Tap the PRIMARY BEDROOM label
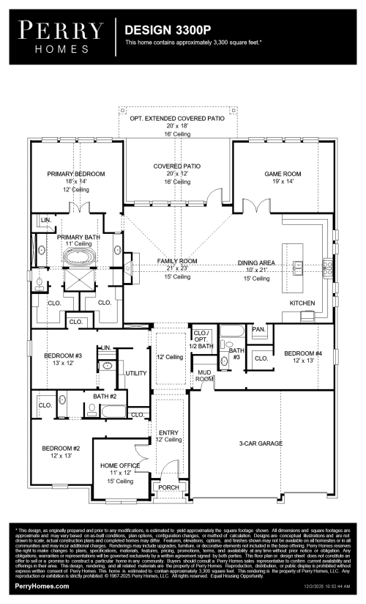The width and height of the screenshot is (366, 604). [x=76, y=174]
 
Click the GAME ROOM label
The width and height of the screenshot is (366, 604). [x=283, y=174]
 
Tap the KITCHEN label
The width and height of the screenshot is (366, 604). [x=302, y=302]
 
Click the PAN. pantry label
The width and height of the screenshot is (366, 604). [x=258, y=330]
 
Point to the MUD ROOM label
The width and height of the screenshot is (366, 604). [x=204, y=376]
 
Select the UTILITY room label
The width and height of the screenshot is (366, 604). [x=136, y=373]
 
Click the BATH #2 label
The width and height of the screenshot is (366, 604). [x=105, y=397]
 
